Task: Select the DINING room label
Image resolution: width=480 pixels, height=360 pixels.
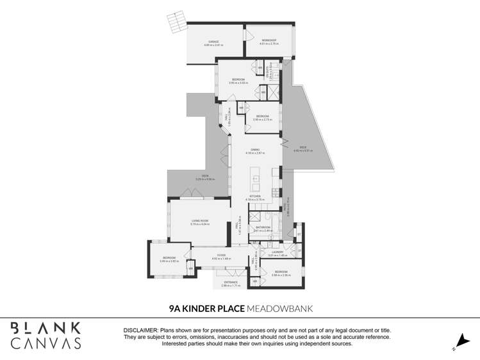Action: pos(254,149)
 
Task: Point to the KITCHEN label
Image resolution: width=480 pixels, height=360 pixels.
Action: pos(255,197)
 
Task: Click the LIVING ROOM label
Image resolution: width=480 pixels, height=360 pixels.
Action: pos(200,221)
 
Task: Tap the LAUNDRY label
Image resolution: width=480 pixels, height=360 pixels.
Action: pos(277,252)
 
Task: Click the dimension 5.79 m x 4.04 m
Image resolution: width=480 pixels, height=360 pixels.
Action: pos(200,224)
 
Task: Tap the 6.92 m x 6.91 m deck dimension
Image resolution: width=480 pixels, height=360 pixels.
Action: pos(302,151)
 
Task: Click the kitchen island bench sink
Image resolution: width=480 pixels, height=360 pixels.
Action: pos(254,179)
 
